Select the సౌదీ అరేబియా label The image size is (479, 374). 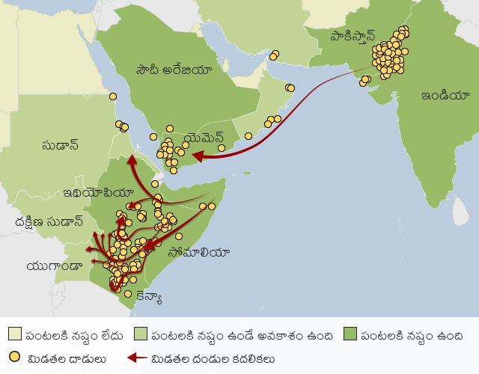(x=174, y=70)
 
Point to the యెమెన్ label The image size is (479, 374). (x=203, y=138)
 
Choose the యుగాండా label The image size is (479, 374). (x=53, y=266)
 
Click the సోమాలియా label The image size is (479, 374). (x=199, y=252)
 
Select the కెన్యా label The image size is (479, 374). (x=149, y=297)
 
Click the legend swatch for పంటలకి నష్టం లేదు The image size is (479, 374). (x=15, y=334)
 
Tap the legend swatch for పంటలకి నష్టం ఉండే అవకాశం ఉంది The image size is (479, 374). (x=140, y=334)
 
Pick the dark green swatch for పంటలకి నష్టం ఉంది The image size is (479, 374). (x=350, y=334)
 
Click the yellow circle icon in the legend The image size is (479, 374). (x=15, y=358)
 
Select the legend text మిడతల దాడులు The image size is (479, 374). (x=64, y=358)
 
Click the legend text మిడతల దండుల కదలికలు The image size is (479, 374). (x=213, y=358)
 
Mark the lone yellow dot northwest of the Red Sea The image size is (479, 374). (x=113, y=96)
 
